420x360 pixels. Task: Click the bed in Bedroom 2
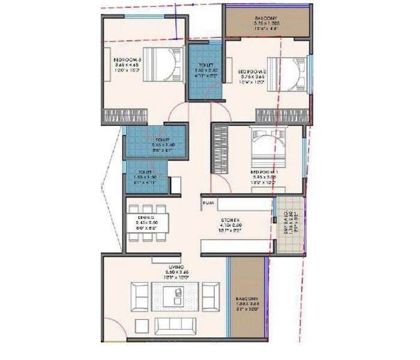coord(287,73)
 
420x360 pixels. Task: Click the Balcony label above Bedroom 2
coord(266,19)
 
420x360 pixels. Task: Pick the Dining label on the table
coord(146,217)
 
